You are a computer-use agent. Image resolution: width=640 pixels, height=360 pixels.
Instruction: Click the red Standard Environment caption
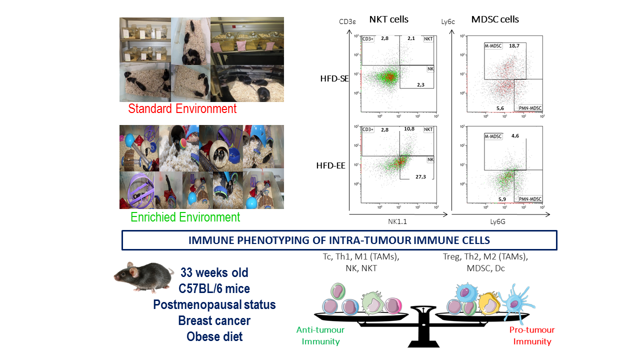(x=182, y=108)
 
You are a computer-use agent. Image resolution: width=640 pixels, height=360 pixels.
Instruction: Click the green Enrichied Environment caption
(x=185, y=217)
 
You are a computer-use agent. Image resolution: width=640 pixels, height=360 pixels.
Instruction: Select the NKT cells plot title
(x=388, y=19)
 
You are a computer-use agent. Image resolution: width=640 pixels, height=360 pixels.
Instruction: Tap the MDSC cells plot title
(x=495, y=19)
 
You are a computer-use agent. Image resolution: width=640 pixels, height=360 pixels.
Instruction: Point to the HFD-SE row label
(x=334, y=78)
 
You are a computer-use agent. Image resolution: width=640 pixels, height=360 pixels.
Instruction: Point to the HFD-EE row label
(x=330, y=165)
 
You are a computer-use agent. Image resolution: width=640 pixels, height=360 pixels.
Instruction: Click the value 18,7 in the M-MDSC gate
(x=514, y=45)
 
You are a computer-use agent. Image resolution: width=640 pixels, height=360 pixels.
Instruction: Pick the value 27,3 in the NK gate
(x=420, y=177)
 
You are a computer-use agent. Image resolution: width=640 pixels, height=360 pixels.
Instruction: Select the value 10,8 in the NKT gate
(x=409, y=129)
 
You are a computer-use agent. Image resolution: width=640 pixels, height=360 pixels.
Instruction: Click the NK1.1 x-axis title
(x=397, y=221)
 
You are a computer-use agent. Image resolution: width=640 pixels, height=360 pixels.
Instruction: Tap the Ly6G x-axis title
(x=497, y=221)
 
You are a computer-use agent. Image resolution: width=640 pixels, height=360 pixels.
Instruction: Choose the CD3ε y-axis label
(x=347, y=21)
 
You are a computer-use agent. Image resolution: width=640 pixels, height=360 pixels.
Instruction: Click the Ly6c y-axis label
(x=447, y=21)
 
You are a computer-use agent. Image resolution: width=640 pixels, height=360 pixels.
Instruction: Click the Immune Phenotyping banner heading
(x=339, y=240)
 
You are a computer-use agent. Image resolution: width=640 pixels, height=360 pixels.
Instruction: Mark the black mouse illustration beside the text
(x=143, y=277)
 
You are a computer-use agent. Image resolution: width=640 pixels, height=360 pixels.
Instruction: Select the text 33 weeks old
(x=214, y=272)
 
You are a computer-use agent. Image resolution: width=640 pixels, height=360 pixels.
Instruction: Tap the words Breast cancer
(x=214, y=320)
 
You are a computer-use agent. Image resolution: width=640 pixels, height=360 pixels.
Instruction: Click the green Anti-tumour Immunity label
(x=320, y=335)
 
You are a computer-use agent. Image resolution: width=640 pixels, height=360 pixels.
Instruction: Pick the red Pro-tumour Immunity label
(x=532, y=335)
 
